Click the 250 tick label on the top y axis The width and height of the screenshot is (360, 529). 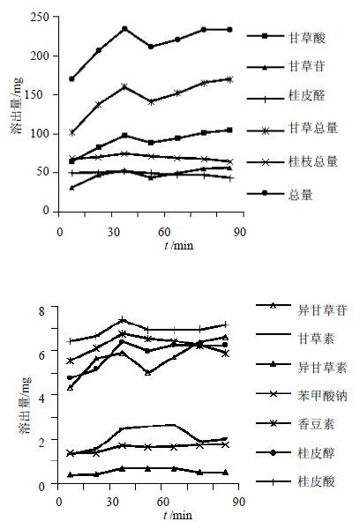click(40, 17)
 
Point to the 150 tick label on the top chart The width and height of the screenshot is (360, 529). click(40, 94)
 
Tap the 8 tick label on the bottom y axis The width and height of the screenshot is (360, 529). click(41, 311)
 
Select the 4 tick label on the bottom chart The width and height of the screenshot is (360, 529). click(41, 399)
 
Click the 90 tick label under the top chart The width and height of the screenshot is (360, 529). click(240, 232)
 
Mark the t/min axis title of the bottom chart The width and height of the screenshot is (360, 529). click(178, 515)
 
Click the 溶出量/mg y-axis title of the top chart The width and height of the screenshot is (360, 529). click(17, 106)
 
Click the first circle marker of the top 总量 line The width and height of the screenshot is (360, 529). click(71, 79)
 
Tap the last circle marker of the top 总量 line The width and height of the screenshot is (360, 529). click(229, 30)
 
